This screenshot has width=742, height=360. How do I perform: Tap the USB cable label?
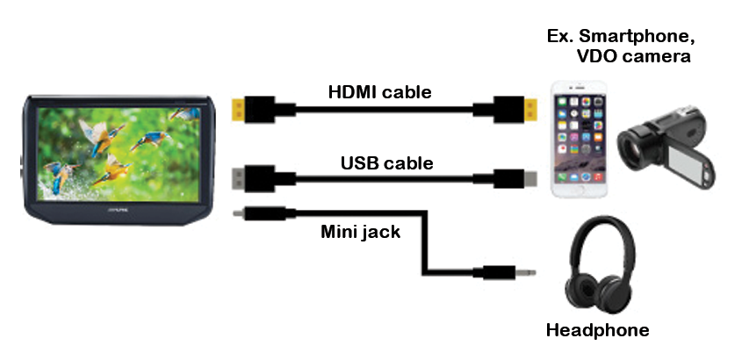click(386, 162)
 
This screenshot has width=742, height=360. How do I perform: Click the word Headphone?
click(597, 331)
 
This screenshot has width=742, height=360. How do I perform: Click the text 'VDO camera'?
click(645, 57)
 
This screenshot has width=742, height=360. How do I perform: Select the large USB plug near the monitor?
click(241, 176)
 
